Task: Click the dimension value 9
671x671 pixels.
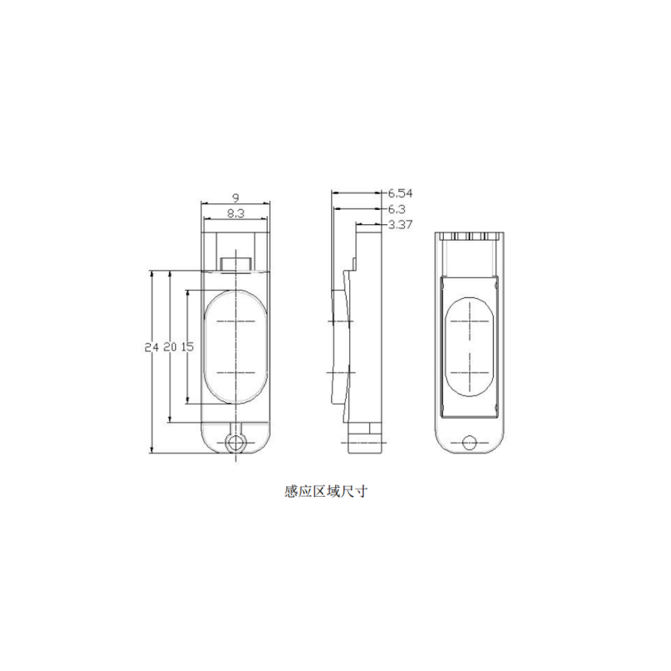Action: [x=235, y=197]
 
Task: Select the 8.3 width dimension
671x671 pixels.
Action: [x=235, y=214]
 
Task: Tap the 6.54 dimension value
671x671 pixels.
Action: [x=400, y=193]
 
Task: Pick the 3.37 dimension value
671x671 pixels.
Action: [x=400, y=225]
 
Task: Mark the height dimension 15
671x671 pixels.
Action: [x=187, y=347]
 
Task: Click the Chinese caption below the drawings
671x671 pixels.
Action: [x=326, y=491]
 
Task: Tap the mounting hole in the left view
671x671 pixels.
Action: [x=235, y=443]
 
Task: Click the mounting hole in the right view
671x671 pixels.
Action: [x=469, y=442]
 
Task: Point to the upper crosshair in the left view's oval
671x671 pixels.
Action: [x=235, y=322]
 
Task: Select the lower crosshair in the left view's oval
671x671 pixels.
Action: [x=235, y=374]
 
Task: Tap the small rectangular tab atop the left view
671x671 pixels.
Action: [x=235, y=264]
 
